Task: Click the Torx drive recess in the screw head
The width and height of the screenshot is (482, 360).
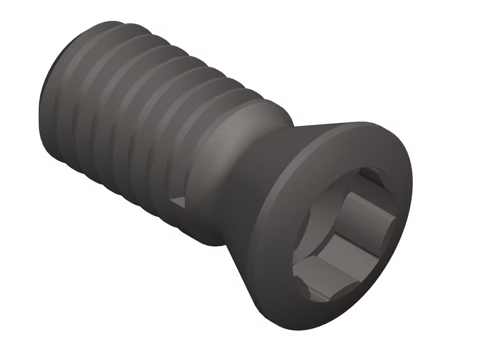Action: [x=343, y=235]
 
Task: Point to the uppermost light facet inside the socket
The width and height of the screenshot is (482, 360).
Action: [x=370, y=207]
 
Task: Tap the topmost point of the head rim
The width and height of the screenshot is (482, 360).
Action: [x=361, y=122]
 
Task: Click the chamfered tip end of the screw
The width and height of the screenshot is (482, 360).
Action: [x=44, y=114]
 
